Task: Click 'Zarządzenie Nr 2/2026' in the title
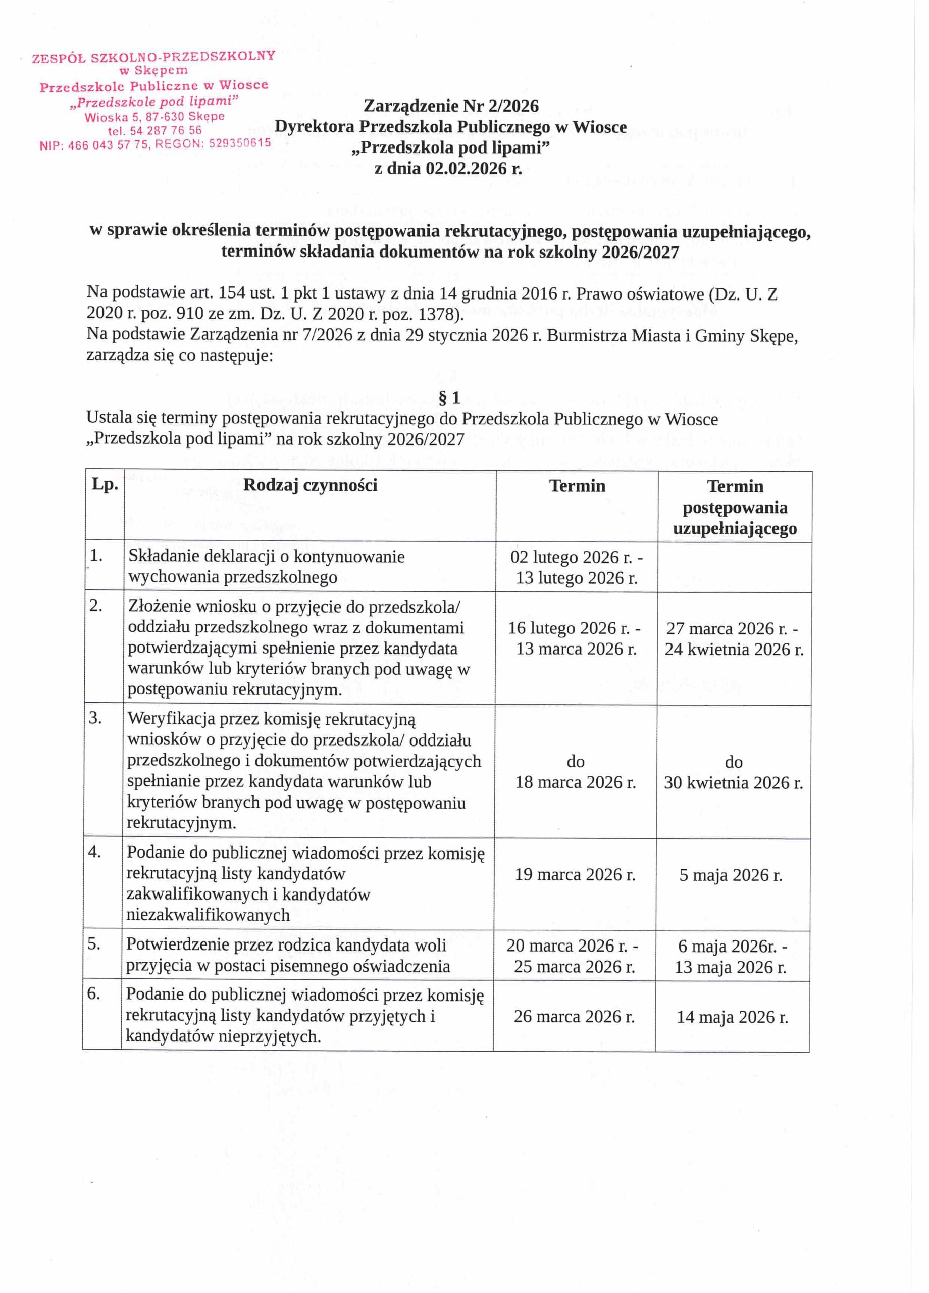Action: [x=451, y=106]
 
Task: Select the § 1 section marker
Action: [x=450, y=398]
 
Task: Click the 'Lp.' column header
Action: [x=105, y=485]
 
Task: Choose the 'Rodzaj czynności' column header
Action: [x=310, y=485]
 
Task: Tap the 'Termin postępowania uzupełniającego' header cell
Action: [x=735, y=507]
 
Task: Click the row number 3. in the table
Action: [x=95, y=718]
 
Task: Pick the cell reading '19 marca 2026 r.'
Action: [x=575, y=874]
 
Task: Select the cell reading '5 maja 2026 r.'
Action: [x=731, y=875]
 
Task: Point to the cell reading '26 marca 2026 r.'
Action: [x=574, y=1017]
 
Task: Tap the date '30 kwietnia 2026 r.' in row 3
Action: [x=734, y=783]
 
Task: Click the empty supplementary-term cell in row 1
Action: [x=735, y=567]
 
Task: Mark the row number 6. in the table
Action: [x=94, y=993]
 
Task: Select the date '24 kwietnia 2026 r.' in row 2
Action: [x=734, y=650]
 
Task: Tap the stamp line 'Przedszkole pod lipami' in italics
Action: [x=154, y=102]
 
